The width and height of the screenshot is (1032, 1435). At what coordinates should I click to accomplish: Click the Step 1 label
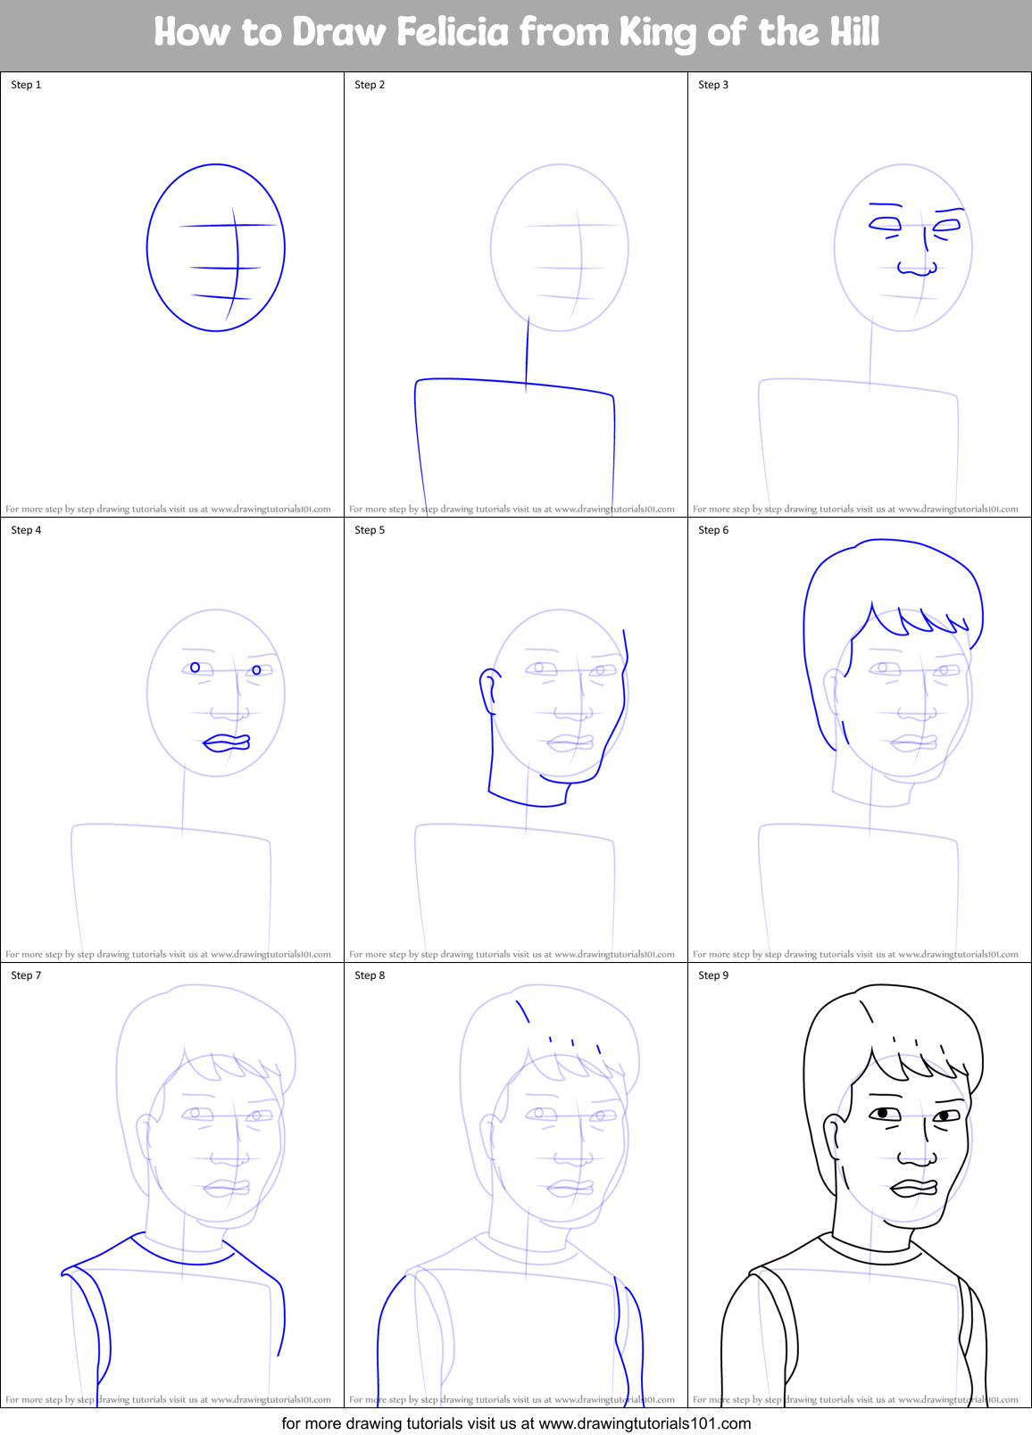(26, 85)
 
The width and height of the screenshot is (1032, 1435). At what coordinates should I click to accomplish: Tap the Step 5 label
(370, 530)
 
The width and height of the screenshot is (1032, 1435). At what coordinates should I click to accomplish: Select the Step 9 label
(713, 975)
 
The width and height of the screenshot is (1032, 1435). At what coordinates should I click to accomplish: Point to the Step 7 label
(26, 975)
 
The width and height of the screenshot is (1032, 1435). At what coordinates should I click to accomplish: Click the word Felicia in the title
(453, 32)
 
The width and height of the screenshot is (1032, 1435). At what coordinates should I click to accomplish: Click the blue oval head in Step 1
(148, 247)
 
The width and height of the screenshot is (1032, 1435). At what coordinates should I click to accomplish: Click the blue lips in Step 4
(227, 742)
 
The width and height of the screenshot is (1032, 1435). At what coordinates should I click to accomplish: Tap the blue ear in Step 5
(488, 689)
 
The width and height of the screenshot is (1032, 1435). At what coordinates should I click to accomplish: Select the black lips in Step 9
(913, 1188)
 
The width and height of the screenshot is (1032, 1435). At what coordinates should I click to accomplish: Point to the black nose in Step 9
(917, 1158)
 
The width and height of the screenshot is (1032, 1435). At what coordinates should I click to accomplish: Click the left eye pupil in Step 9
(883, 1113)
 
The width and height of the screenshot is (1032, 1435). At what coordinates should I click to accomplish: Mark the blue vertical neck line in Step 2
(527, 353)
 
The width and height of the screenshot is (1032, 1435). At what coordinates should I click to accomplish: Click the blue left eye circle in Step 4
(196, 668)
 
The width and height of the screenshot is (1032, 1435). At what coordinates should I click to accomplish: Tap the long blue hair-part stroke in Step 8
(523, 1011)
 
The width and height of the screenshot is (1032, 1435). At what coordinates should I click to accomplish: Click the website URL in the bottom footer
(645, 1423)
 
